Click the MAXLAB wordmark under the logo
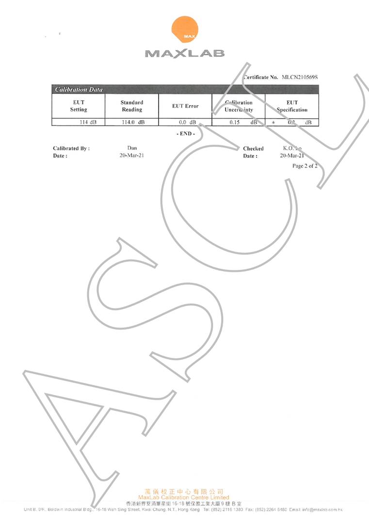tap(185, 53)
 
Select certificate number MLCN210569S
tap(302, 77)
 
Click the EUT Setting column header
tap(79, 106)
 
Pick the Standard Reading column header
tap(132, 106)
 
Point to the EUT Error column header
tap(185, 106)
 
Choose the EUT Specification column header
tap(292, 106)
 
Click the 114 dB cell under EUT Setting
tap(88, 123)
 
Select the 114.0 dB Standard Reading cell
tap(133, 123)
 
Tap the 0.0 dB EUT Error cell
tap(187, 123)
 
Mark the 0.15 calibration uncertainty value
tap(236, 123)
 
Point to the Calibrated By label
tap(71, 149)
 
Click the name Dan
tap(132, 148)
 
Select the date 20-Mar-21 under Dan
tap(132, 156)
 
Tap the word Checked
tap(253, 149)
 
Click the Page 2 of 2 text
tap(305, 166)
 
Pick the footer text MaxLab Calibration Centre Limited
tap(184, 497)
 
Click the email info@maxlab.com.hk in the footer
tap(322, 510)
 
